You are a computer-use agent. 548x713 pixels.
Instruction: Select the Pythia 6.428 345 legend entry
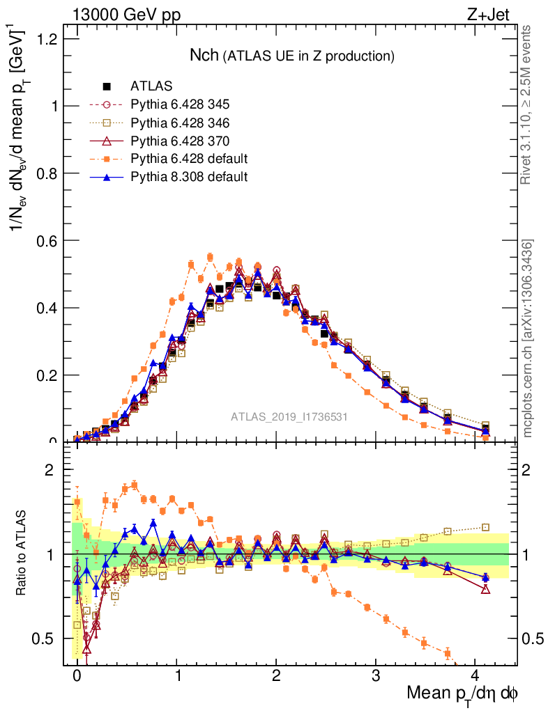(x=180, y=104)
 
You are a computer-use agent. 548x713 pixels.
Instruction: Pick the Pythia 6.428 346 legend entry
(x=180, y=123)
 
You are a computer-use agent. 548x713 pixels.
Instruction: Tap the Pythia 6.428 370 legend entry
(x=180, y=141)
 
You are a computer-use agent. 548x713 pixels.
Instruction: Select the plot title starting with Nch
(x=293, y=55)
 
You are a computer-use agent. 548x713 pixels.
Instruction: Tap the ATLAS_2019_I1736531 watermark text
(x=289, y=417)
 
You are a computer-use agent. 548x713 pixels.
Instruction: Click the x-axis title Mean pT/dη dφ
(x=463, y=694)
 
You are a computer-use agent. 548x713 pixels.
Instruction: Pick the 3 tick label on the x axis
(x=376, y=675)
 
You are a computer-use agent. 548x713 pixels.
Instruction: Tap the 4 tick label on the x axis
(x=475, y=675)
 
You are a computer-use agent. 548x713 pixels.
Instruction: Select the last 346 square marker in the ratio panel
(x=486, y=528)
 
